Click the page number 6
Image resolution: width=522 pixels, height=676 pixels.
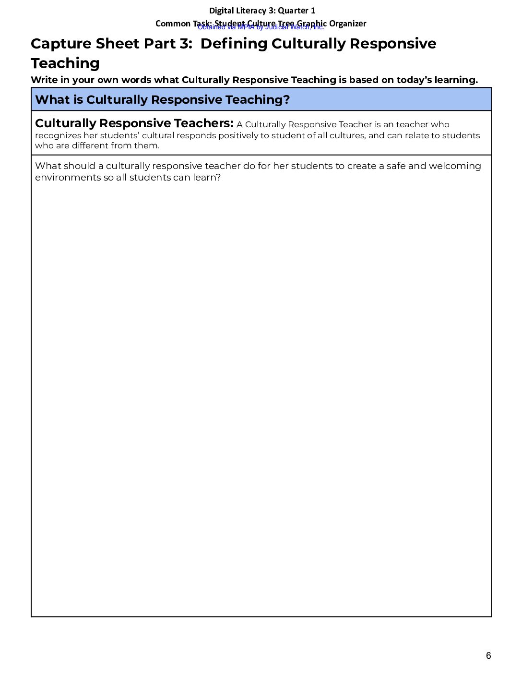pyautogui.click(x=488, y=656)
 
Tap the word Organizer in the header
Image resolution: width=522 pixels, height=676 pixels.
pyautogui.click(x=347, y=24)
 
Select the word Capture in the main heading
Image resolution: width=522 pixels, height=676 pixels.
pyautogui.click(x=61, y=44)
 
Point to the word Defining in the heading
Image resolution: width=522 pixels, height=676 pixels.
pyautogui.click(x=234, y=44)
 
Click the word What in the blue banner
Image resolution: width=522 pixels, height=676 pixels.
pyautogui.click(x=52, y=100)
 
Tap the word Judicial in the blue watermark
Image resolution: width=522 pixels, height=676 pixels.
pyautogui.click(x=276, y=27)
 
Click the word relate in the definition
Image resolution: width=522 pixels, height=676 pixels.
pyautogui.click(x=417, y=136)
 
